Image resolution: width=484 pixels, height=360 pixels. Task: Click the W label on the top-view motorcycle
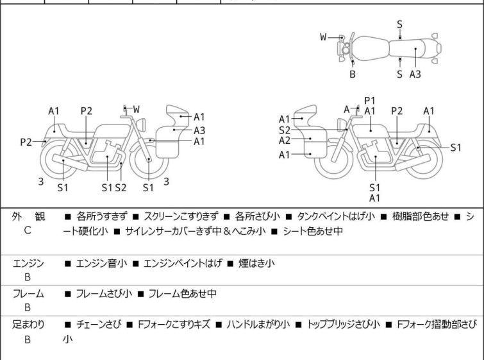(x=324, y=37)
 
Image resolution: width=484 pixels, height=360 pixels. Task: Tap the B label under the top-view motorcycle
(x=352, y=74)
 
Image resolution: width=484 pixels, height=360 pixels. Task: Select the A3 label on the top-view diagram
(x=415, y=74)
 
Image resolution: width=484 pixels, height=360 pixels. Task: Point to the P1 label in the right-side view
(x=370, y=100)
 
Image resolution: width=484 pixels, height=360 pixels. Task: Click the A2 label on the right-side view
(x=285, y=140)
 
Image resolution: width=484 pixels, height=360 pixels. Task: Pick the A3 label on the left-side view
(x=199, y=130)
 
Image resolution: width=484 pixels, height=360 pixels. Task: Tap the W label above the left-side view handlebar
(x=137, y=109)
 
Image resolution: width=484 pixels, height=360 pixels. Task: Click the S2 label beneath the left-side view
(x=121, y=187)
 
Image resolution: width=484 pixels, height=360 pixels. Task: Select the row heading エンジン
(x=28, y=263)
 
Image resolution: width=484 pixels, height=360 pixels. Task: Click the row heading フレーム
(x=28, y=294)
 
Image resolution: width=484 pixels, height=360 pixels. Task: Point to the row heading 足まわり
(x=28, y=325)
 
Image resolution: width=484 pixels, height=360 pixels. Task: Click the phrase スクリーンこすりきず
(x=181, y=217)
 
